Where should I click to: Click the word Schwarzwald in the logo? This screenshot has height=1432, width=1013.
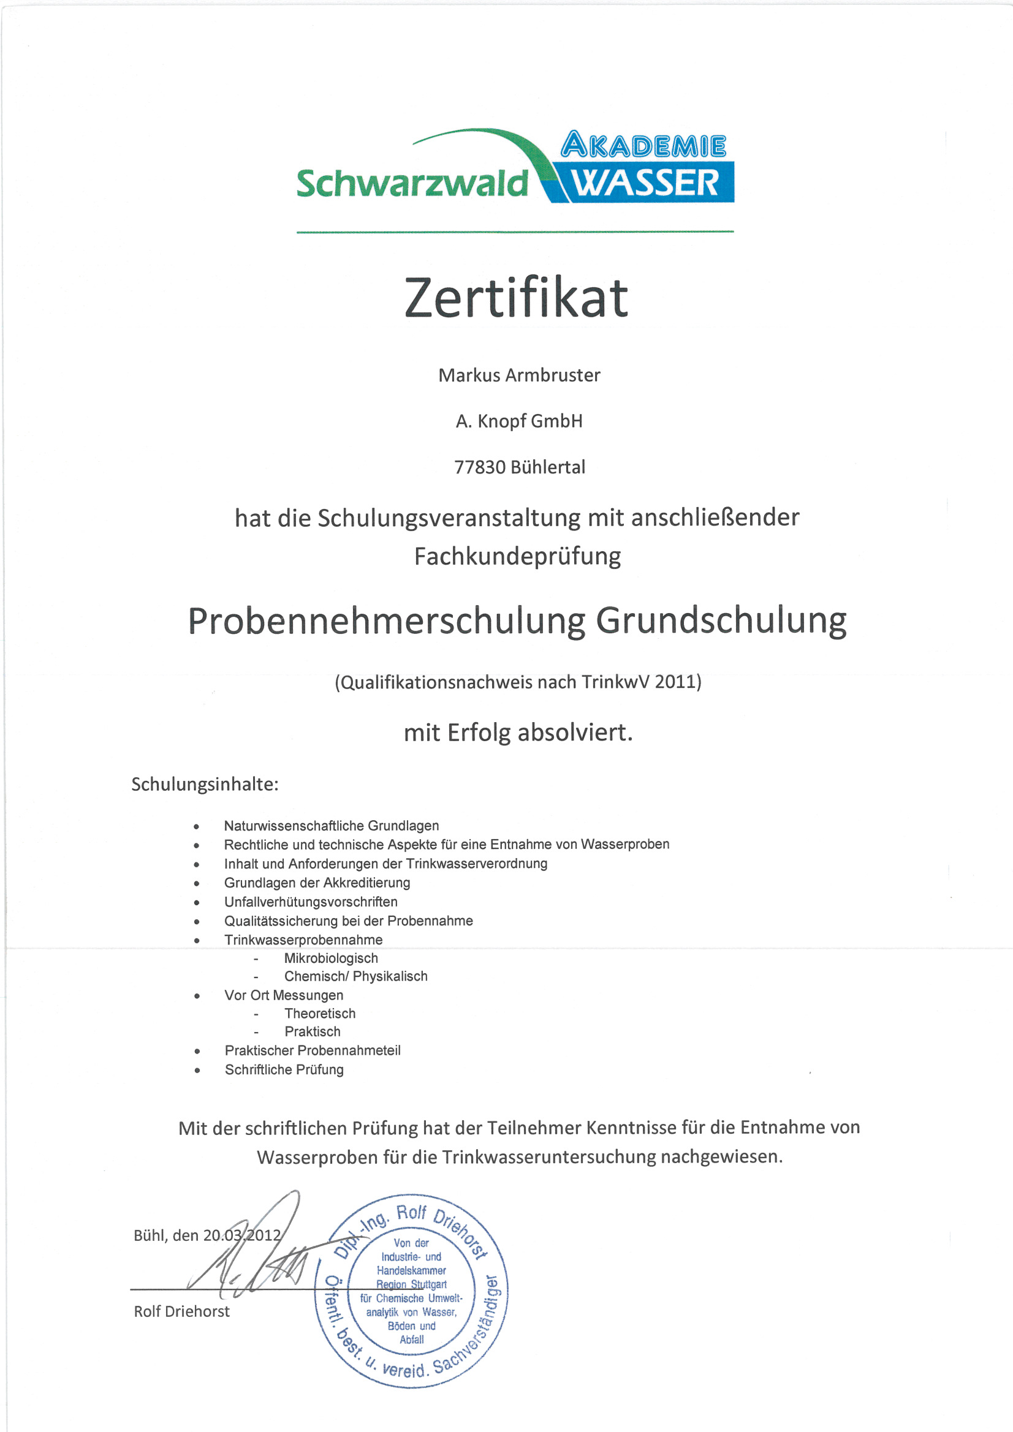[x=412, y=184]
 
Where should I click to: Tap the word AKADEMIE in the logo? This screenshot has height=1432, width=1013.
[x=643, y=146]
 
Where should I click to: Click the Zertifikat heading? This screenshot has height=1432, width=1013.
[x=516, y=298]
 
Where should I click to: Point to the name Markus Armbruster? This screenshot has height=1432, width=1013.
[x=518, y=375]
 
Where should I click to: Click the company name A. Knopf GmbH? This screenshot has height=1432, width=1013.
[x=518, y=421]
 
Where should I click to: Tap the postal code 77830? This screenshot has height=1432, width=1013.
[x=479, y=468]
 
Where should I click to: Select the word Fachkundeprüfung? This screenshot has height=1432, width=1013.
[x=517, y=556]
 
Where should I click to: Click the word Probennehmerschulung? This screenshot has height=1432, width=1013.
[x=386, y=622]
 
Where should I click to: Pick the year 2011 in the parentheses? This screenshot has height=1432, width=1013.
[x=675, y=682]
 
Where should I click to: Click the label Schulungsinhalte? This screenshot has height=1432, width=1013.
[x=205, y=785]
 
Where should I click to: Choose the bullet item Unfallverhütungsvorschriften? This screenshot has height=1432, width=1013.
[x=311, y=902]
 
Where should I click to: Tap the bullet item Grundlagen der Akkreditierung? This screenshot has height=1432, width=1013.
[x=317, y=883]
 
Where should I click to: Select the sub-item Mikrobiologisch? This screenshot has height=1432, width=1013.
[x=331, y=958]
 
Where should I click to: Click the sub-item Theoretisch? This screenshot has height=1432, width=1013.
[x=319, y=1014]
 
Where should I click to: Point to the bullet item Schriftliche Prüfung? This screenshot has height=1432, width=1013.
[x=284, y=1069]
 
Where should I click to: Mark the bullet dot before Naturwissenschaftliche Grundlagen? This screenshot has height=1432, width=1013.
[x=197, y=827]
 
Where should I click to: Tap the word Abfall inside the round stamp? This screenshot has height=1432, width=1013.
[x=411, y=1340]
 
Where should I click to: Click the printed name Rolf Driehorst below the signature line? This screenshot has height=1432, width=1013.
[x=181, y=1311]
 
